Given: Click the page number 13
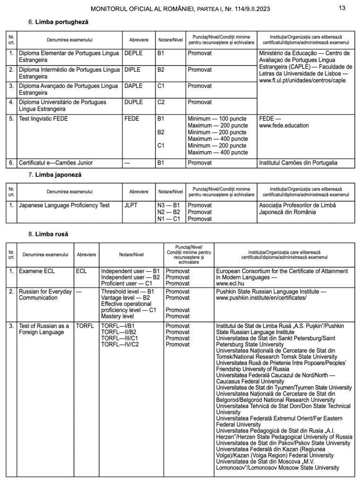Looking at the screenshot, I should coord(343,8).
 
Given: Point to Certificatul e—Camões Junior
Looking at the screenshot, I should coord(56,163).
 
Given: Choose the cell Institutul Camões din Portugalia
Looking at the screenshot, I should coord(299,163).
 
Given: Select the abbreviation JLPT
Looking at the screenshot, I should coord(131,206).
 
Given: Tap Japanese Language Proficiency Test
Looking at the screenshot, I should coord(64,206).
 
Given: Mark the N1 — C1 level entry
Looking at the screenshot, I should coord(169,219).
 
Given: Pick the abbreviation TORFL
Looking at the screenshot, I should coord(85,326).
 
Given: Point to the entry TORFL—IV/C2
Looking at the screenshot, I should coord(120,345).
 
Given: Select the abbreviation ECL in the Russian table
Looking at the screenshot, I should coord(81,271).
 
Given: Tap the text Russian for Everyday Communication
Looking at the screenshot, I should coord(45,295).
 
